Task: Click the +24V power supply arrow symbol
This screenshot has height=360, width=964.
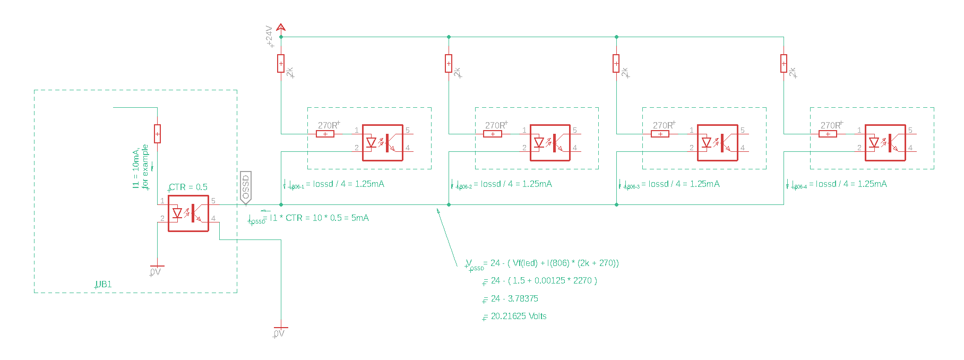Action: pos(281,27)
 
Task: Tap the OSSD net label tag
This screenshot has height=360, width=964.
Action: pos(245,187)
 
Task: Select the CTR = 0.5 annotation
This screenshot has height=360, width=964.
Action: pos(188,187)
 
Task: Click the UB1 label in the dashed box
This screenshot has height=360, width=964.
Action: pos(104,285)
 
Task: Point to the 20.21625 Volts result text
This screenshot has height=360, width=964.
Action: pos(519,316)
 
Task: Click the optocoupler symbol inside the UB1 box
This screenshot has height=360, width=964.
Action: pos(188,213)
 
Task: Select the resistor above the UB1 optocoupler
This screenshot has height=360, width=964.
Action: pos(157,134)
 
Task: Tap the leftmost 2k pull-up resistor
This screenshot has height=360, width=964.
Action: pos(281,64)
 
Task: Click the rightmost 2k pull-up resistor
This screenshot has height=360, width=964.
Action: pos(784,64)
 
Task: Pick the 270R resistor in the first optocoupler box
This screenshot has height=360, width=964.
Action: pos(325,134)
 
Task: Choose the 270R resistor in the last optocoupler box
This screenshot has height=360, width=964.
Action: pos(828,134)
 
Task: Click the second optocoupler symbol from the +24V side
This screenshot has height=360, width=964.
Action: pos(550,143)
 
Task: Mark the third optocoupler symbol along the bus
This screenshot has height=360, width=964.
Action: pos(718,143)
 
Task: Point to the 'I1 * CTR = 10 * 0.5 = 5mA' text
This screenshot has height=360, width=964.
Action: pos(319,218)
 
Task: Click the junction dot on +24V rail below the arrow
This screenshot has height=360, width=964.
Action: pos(281,37)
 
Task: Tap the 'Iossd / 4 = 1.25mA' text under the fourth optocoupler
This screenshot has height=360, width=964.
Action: pos(851,184)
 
